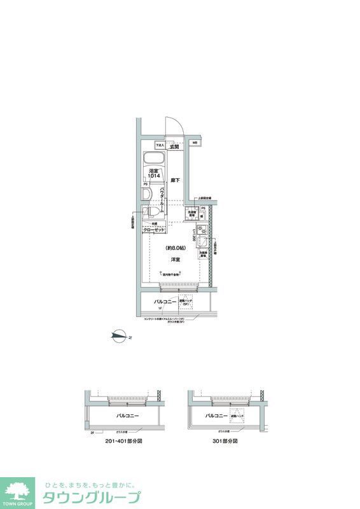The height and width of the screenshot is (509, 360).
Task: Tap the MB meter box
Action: pos(195,143)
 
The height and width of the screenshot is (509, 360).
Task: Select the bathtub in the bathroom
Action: pos(155,158)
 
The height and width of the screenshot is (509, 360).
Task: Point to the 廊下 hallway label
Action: pos(175,181)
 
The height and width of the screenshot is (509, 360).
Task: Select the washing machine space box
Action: pos(191,214)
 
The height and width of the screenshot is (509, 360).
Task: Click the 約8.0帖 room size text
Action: pos(174,248)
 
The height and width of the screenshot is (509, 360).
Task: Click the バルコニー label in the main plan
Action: pos(164,302)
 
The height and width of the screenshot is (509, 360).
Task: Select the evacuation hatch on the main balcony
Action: pos(186,303)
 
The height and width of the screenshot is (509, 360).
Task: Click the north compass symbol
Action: pos(118,337)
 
